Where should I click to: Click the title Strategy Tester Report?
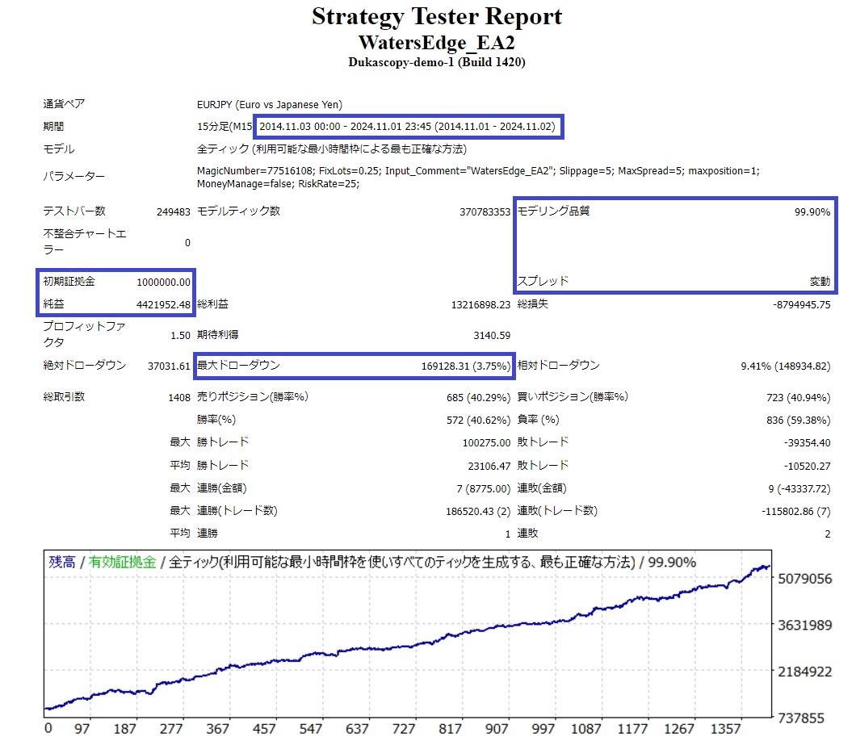click(437, 17)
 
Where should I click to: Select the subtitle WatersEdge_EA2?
click(437, 42)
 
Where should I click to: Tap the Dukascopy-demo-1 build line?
click(437, 62)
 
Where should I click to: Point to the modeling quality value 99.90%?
click(812, 211)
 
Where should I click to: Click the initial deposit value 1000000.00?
click(164, 282)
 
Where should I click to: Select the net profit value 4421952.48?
click(164, 304)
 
